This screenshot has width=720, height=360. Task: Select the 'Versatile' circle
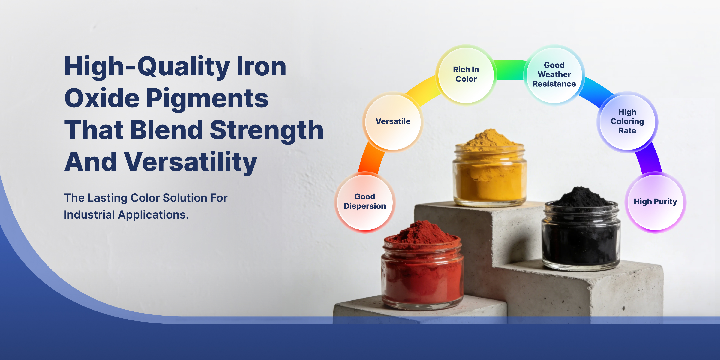(393, 122)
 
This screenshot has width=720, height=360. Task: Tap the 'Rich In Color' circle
(466, 75)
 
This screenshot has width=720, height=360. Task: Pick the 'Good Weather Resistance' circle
(554, 75)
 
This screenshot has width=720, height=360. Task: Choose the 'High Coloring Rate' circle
(627, 122)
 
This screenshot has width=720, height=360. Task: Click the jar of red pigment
(422, 265)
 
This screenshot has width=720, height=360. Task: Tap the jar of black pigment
(581, 229)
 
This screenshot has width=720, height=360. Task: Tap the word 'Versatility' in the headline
(190, 163)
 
